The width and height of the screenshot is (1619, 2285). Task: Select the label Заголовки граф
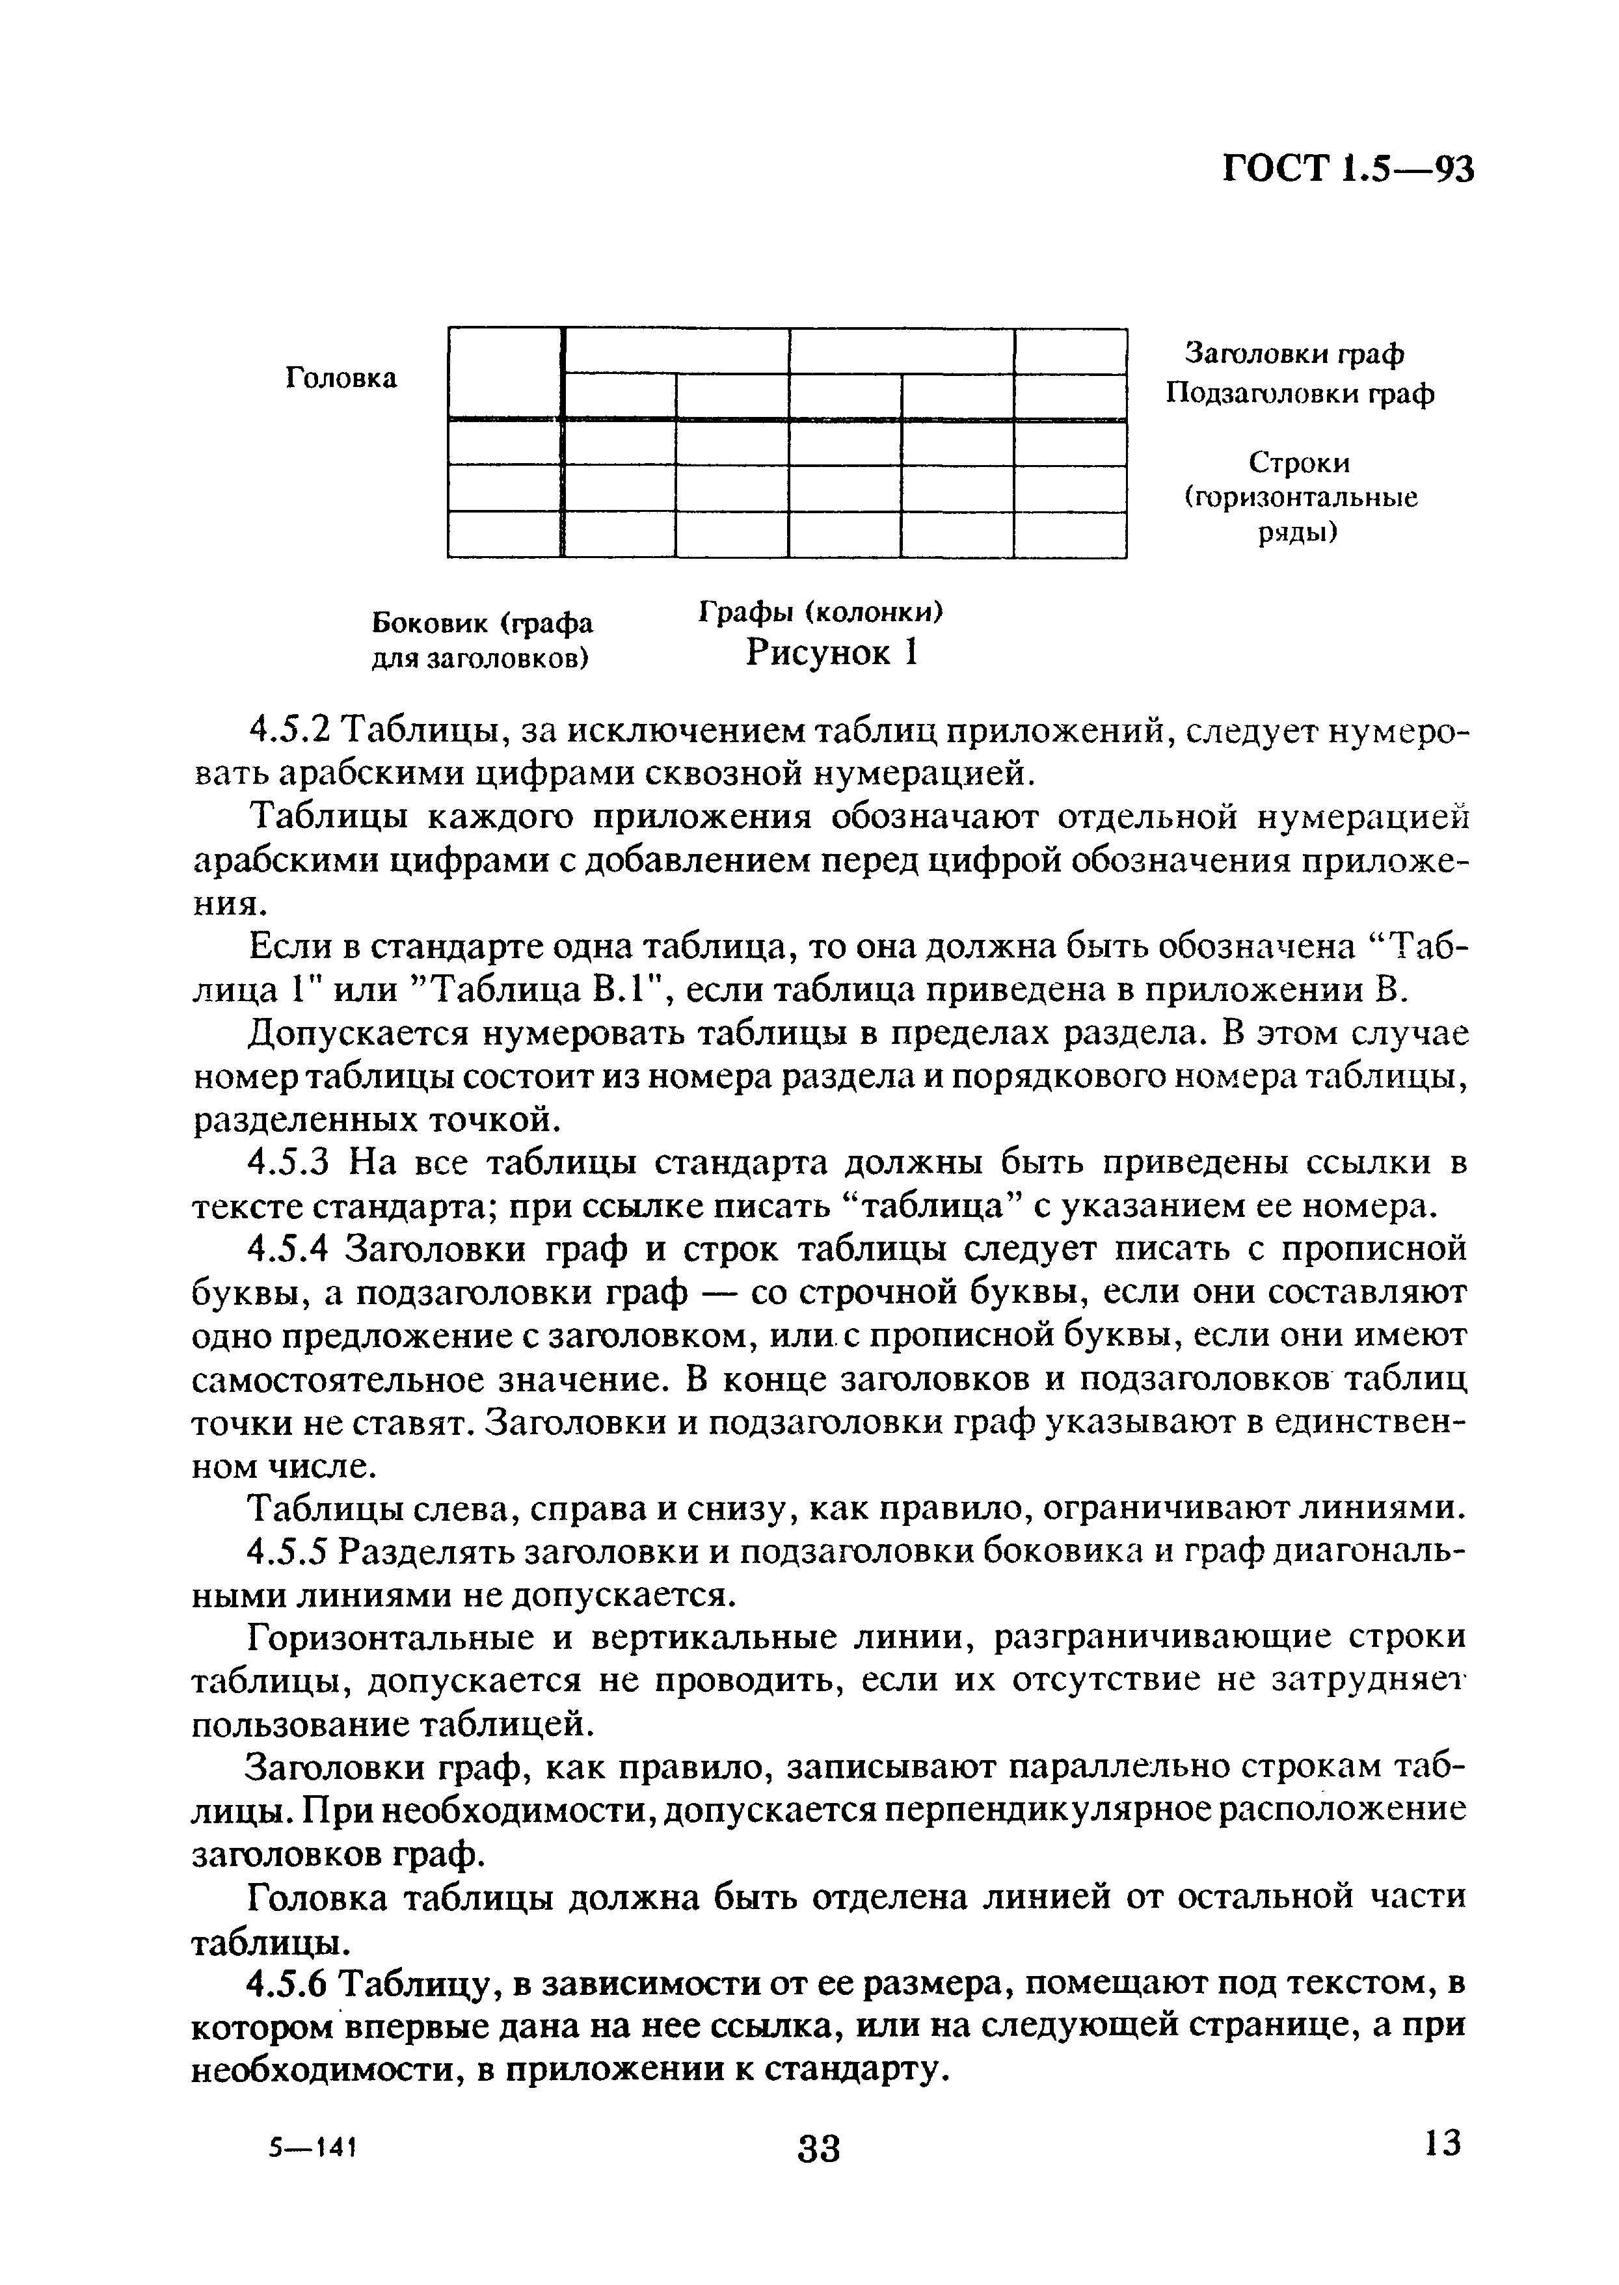coord(1294,353)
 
